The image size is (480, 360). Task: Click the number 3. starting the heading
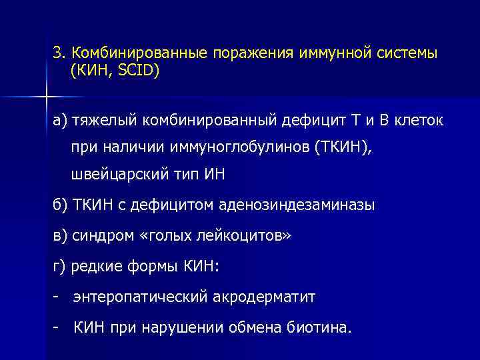coord(60,53)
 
